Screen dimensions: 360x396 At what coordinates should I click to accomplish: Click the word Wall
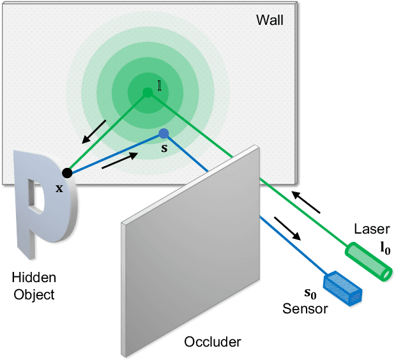(x=270, y=20)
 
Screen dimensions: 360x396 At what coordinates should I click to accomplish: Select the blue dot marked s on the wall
(x=164, y=133)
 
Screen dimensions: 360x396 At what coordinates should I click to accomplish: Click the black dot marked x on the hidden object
(x=66, y=172)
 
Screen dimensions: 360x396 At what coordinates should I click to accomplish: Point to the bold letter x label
(x=59, y=188)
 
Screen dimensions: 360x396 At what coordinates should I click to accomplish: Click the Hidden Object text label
(x=34, y=286)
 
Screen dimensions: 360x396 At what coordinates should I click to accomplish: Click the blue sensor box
(x=344, y=288)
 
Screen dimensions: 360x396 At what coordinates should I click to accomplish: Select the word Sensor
(x=305, y=310)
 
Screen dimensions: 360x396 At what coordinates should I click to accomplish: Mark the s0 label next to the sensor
(x=309, y=296)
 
